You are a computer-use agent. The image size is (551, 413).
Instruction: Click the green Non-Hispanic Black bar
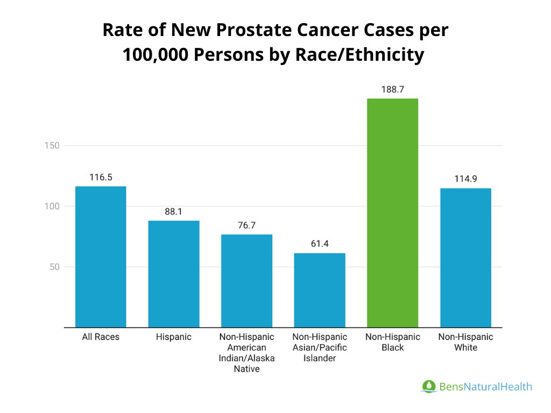point(392,212)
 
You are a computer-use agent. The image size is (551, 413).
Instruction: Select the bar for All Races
point(101,257)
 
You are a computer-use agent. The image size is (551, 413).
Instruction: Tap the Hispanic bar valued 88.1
point(174,274)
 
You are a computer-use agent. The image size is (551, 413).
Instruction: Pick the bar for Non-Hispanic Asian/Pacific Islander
point(320,290)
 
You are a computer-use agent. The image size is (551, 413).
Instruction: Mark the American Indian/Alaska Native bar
point(246,281)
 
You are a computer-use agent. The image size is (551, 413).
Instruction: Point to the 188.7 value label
point(392,90)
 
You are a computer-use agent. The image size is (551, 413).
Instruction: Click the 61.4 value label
point(320,244)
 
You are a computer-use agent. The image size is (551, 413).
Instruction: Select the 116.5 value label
point(101,177)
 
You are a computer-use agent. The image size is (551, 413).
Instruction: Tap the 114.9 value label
point(465,179)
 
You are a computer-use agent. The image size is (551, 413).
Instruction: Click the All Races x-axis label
point(101,337)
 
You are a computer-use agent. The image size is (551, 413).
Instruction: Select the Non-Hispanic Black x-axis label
point(392,342)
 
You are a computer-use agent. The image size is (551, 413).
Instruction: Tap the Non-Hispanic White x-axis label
point(465,342)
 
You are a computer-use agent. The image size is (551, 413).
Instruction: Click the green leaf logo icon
point(428,386)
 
